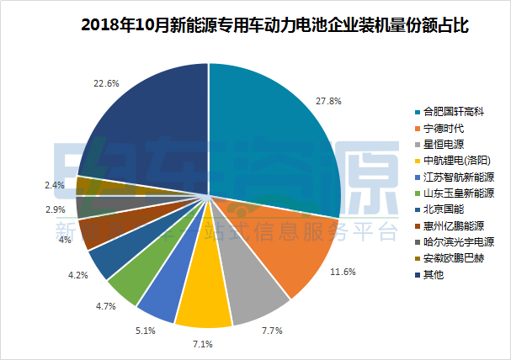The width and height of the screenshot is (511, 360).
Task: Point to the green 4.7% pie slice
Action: pyautogui.click(x=130, y=281)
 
